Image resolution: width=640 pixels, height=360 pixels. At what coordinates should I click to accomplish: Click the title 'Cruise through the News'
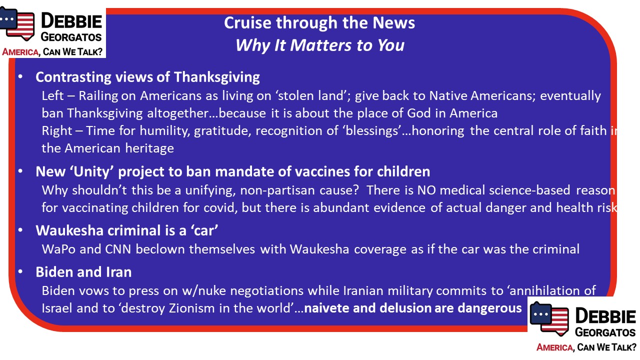pyautogui.click(x=319, y=23)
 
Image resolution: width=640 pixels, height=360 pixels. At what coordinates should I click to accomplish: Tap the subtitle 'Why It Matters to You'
pyautogui.click(x=320, y=45)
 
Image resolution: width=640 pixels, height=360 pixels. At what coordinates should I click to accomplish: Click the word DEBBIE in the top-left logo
pyautogui.click(x=71, y=21)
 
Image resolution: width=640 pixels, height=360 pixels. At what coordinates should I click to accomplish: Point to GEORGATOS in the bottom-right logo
pyautogui.click(x=605, y=332)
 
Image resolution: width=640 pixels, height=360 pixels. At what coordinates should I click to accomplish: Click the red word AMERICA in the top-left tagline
pyautogui.click(x=20, y=52)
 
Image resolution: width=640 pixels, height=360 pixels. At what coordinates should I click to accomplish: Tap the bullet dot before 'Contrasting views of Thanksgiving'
pyautogui.click(x=20, y=77)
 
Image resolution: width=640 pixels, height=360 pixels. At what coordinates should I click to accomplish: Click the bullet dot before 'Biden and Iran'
pyautogui.click(x=20, y=271)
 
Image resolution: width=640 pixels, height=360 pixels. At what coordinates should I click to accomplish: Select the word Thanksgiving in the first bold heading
pyautogui.click(x=217, y=77)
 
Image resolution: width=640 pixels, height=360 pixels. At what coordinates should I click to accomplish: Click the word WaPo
pyautogui.click(x=58, y=249)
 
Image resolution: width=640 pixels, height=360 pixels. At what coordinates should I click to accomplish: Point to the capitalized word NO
pyautogui.click(x=426, y=190)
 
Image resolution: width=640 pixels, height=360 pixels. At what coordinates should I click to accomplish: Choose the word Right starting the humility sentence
pyautogui.click(x=57, y=131)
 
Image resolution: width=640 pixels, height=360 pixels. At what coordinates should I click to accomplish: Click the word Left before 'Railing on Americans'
pyautogui.click(x=52, y=95)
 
